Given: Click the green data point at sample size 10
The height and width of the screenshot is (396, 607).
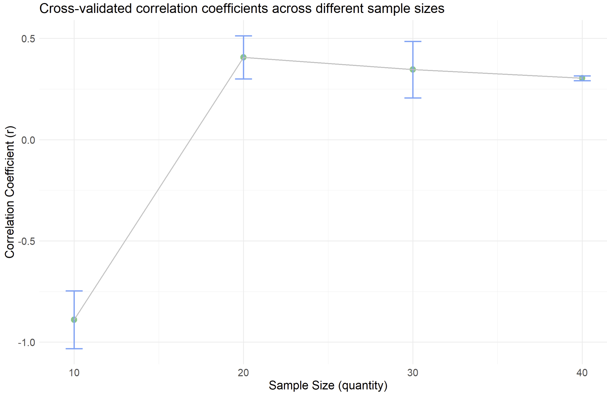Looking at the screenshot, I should pyautogui.click(x=74, y=320).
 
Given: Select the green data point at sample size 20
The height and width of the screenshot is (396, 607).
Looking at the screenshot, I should pyautogui.click(x=243, y=57).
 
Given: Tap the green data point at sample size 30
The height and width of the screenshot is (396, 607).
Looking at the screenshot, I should pyautogui.click(x=413, y=69).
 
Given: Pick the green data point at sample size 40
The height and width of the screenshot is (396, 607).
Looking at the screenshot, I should pyautogui.click(x=582, y=78).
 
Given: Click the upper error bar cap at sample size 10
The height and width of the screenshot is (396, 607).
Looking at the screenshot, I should pyautogui.click(x=74, y=291).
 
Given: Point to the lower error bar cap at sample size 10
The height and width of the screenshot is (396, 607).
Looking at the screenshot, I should pyautogui.click(x=74, y=349).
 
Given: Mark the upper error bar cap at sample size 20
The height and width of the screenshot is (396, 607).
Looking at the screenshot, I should pyautogui.click(x=243, y=36).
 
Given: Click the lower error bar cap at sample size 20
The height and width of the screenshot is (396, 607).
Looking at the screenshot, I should pyautogui.click(x=243, y=79).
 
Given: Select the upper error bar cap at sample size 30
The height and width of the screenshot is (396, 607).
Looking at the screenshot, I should pyautogui.click(x=413, y=41).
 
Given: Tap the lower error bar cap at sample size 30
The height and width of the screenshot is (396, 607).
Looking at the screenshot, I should pyautogui.click(x=413, y=98).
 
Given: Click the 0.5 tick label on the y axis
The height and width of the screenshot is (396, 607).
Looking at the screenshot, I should pyautogui.click(x=28, y=39).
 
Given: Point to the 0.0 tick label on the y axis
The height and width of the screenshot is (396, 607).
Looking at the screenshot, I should pyautogui.click(x=28, y=140).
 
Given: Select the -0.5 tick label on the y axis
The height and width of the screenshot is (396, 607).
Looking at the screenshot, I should pyautogui.click(x=26, y=241).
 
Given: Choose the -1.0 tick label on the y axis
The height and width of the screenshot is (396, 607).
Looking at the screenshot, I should pyautogui.click(x=26, y=343).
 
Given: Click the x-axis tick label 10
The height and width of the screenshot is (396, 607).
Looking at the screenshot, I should pyautogui.click(x=74, y=373).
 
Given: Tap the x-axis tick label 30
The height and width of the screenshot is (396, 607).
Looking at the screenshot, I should pyautogui.click(x=413, y=373).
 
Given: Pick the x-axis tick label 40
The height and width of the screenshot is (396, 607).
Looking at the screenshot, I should pyautogui.click(x=582, y=373).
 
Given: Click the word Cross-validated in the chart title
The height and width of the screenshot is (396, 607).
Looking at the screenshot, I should pyautogui.click(x=85, y=9).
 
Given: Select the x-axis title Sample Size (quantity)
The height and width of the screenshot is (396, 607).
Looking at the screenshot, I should pyautogui.click(x=328, y=385).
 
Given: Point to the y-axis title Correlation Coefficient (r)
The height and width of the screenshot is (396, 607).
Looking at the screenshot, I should pyautogui.click(x=10, y=192).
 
